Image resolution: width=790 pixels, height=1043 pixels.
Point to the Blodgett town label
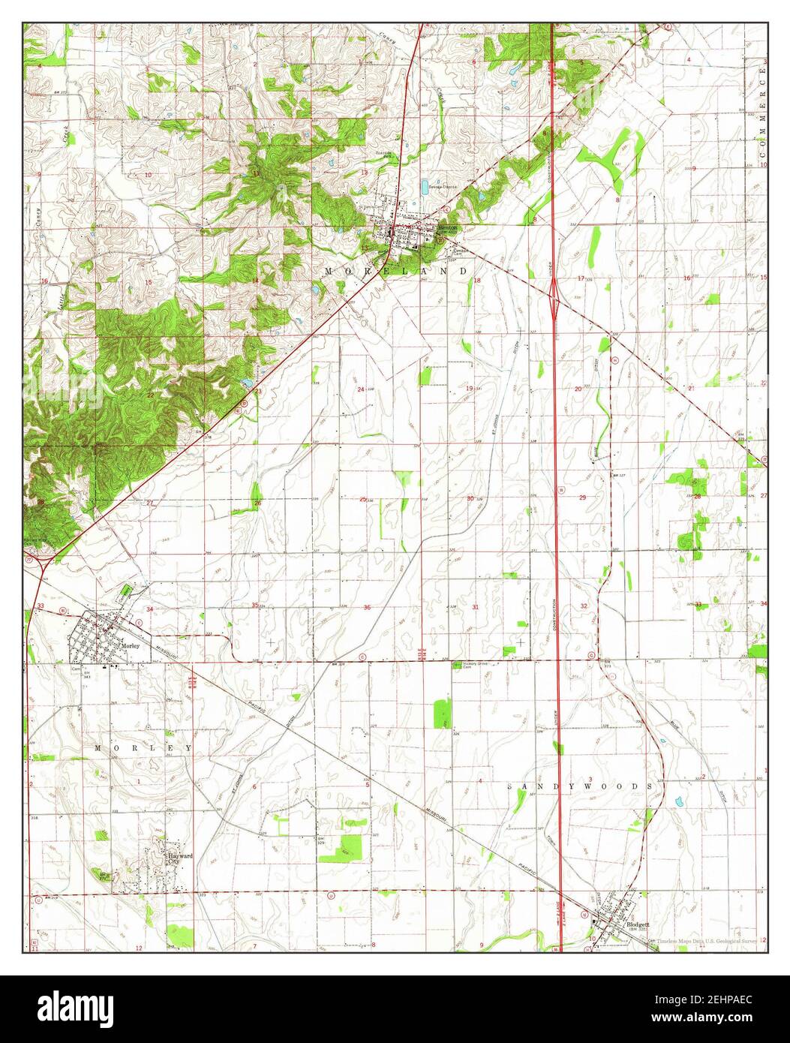[x=638, y=924]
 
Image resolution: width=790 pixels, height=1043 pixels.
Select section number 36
[x=367, y=607]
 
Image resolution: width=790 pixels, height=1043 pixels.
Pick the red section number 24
[x=361, y=389]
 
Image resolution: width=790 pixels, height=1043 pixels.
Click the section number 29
[x=582, y=497]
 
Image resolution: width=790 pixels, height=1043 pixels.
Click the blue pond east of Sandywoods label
[x=680, y=802]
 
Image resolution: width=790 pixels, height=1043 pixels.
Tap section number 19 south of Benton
[x=470, y=388]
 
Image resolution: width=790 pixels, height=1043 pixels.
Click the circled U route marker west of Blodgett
[x=331, y=894]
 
